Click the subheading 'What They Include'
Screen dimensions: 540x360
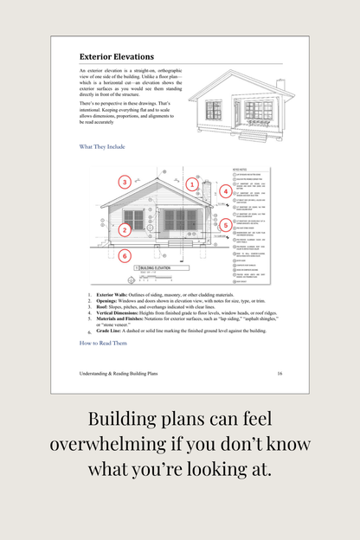click(102, 146)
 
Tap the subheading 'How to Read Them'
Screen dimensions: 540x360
click(103, 343)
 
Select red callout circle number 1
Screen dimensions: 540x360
click(192, 184)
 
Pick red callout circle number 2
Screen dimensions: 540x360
click(125, 229)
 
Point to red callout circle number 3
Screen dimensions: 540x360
click(125, 182)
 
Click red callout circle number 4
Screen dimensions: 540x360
click(226, 191)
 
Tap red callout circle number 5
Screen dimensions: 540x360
click(226, 226)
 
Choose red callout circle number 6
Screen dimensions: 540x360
click(125, 256)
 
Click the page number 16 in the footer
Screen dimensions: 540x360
click(280, 373)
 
